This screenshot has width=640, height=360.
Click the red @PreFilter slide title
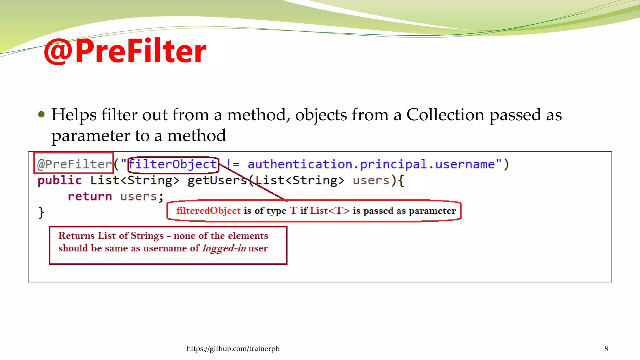click(x=125, y=51)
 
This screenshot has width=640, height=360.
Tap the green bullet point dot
click(x=41, y=114)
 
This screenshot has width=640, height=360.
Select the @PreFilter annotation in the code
click(x=74, y=164)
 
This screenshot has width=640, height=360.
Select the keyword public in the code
click(x=60, y=180)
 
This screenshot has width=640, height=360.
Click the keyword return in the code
click(x=90, y=196)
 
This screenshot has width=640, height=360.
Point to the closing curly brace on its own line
click(x=41, y=212)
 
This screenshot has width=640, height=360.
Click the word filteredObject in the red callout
click(x=208, y=211)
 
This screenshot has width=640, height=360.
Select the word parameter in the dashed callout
click(x=432, y=211)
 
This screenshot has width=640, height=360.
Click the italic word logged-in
click(x=224, y=248)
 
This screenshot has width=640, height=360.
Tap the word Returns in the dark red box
click(x=77, y=236)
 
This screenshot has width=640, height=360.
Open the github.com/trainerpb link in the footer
click(x=233, y=348)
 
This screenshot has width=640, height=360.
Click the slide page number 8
click(x=606, y=348)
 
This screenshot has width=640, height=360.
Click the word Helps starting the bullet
click(x=74, y=115)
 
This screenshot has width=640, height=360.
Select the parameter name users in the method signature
click(x=371, y=180)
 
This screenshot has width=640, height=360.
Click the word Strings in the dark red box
click(x=147, y=236)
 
